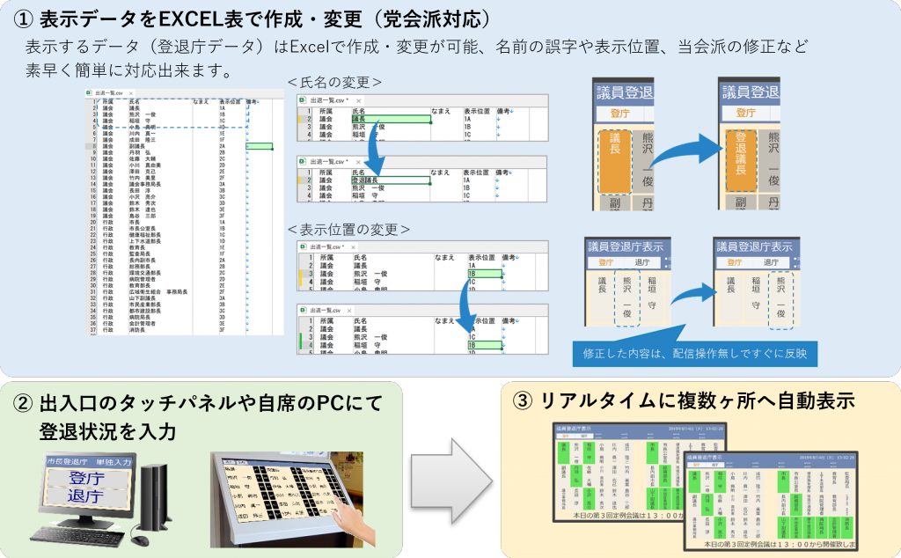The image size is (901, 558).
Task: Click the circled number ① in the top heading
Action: (21, 18)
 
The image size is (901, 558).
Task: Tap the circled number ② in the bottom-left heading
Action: (22, 404)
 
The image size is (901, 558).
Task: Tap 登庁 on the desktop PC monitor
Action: (87, 479)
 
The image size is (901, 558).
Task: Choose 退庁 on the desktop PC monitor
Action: (87, 497)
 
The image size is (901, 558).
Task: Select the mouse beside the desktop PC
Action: (138, 536)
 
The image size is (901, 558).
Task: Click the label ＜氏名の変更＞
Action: (334, 82)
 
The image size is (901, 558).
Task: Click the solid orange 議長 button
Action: (615, 160)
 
